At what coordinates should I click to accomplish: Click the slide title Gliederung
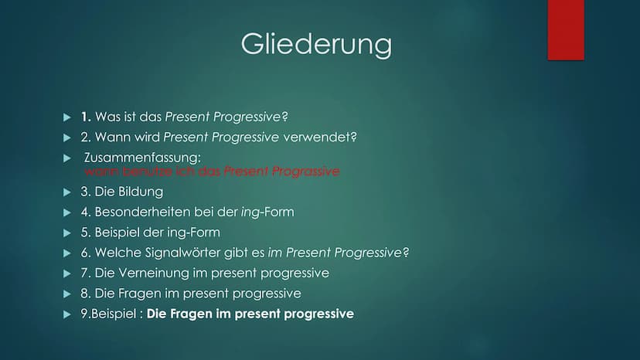[x=316, y=44]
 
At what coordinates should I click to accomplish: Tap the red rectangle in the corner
[x=566, y=30]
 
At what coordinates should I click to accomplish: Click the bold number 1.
[x=86, y=117]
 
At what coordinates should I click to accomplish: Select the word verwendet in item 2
[x=320, y=138]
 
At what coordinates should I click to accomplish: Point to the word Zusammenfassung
[x=142, y=157]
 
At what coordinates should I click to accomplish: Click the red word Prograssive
[x=306, y=171]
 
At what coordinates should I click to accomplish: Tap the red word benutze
[x=148, y=171]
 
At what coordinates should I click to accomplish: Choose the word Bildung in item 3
[x=140, y=192]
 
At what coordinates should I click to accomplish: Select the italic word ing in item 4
[x=250, y=212]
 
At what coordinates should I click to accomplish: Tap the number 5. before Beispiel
[x=86, y=233]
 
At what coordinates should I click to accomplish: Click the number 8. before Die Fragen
[x=86, y=294]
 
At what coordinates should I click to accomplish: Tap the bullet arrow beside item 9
[x=67, y=314]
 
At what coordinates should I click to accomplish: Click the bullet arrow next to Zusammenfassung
[x=67, y=158]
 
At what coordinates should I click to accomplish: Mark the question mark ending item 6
[x=406, y=253]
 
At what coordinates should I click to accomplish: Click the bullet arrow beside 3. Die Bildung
[x=67, y=192]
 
